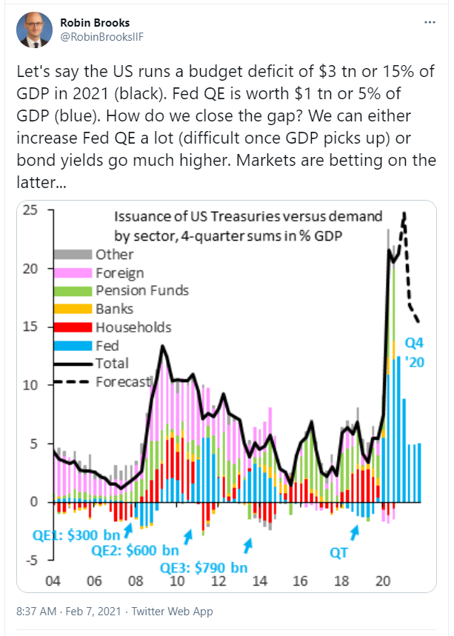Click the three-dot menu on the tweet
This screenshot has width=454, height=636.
pos(429,23)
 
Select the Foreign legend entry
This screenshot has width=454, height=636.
pos(118,272)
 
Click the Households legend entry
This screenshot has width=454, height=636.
pos(133,327)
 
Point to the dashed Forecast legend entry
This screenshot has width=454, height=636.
pos(123,381)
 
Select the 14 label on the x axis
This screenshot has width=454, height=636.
pos(259,579)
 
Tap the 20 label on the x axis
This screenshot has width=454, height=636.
pos(384,579)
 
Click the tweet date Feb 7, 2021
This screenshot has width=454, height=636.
pos(95,612)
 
